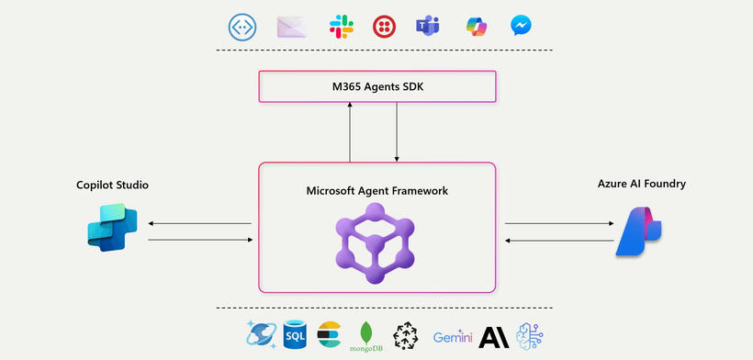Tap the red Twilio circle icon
click(x=385, y=26)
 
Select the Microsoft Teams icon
click(x=427, y=26)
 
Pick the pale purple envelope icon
click(x=291, y=26)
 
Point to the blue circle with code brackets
click(x=242, y=26)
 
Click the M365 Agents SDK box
click(x=377, y=87)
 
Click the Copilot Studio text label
click(x=112, y=186)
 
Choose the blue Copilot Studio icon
click(x=111, y=230)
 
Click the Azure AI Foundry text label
click(x=641, y=184)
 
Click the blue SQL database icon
click(x=296, y=335)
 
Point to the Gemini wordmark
click(x=454, y=337)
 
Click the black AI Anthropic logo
click(x=493, y=337)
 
